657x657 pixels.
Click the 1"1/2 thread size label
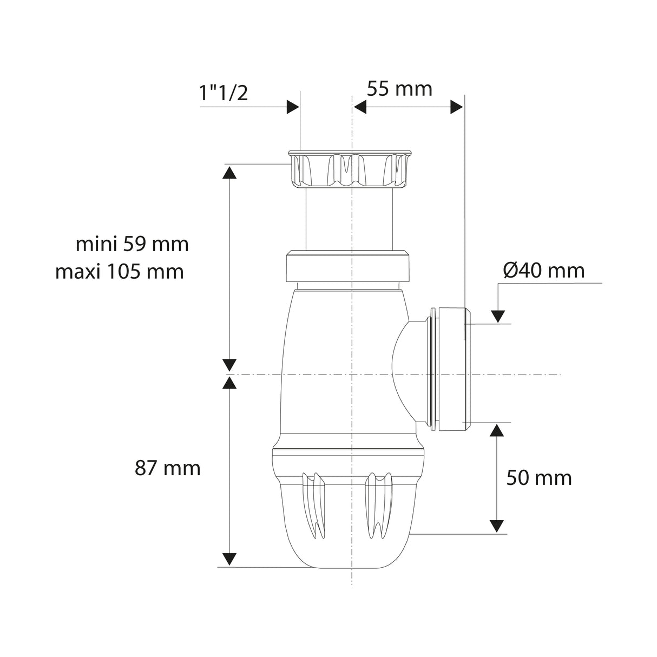[x=224, y=93]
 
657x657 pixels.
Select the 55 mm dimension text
[x=399, y=88]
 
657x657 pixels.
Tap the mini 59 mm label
[x=132, y=244]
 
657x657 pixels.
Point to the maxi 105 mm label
[x=120, y=271]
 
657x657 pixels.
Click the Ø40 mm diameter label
[x=544, y=270]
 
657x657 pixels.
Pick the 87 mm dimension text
[x=167, y=468]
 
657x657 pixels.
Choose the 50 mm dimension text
[x=539, y=477]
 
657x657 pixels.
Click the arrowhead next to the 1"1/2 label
[x=292, y=107]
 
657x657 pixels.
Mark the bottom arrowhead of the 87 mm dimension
[x=229, y=559]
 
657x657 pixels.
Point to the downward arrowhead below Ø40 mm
[x=497, y=317]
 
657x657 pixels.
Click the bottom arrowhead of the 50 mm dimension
[x=496, y=526]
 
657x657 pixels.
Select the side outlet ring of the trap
[x=449, y=370]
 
